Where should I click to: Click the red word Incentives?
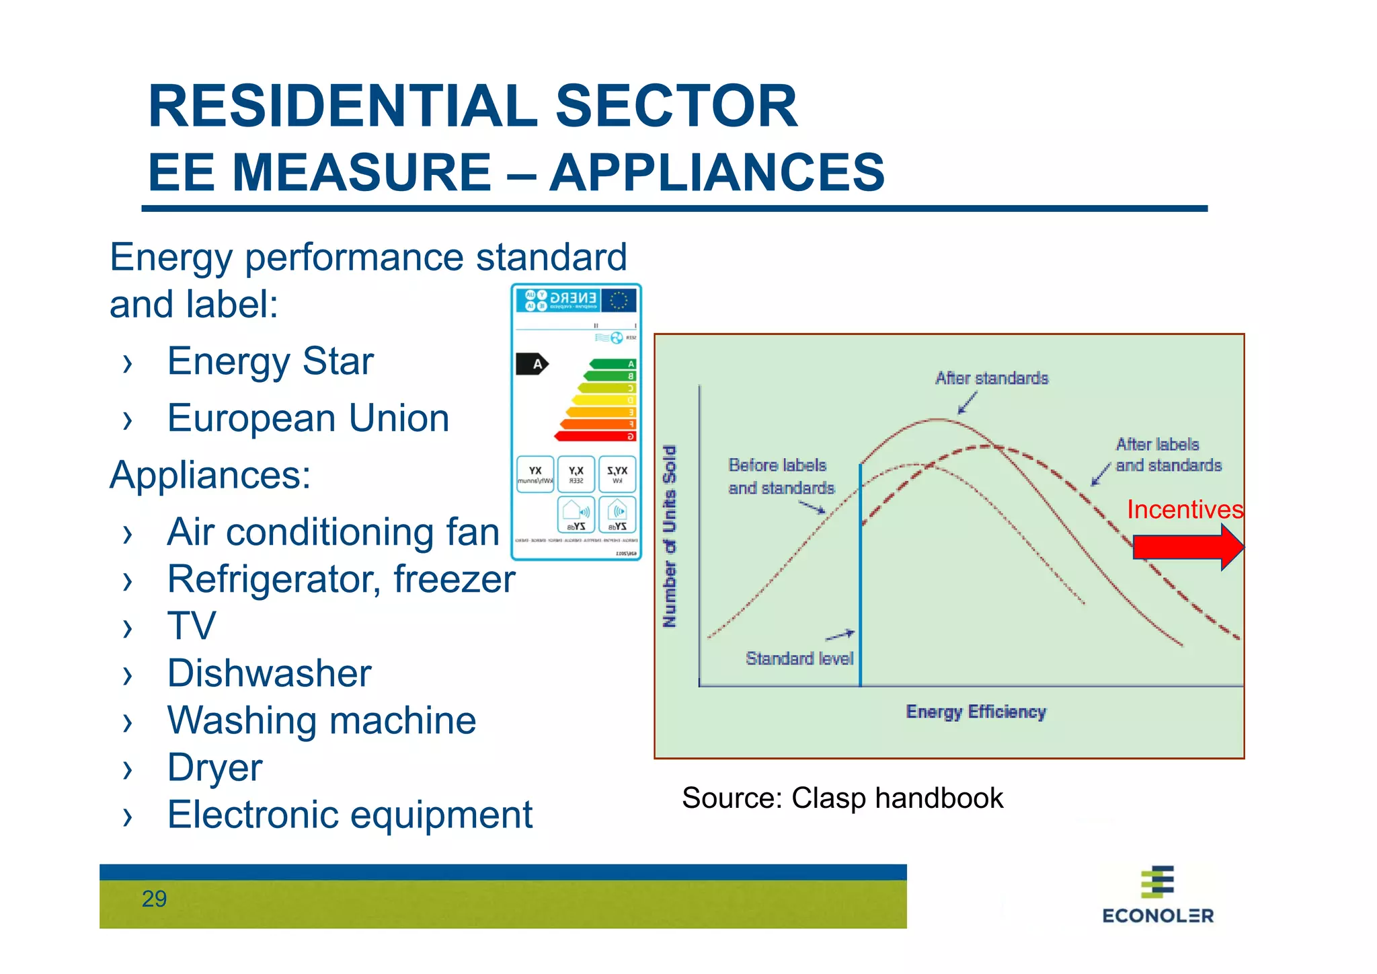(x=1184, y=509)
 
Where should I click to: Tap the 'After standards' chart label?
(x=991, y=378)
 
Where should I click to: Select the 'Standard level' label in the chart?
(x=799, y=658)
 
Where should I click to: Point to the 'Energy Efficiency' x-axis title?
(x=976, y=712)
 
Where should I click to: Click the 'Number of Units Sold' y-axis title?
(x=670, y=536)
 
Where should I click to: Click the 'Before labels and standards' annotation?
(x=781, y=476)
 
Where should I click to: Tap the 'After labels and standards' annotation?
(x=1168, y=455)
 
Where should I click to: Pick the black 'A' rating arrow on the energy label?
(x=532, y=364)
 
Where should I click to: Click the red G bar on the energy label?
(x=595, y=437)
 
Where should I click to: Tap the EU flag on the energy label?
(x=619, y=300)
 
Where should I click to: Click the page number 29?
(x=154, y=899)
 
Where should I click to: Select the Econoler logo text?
(x=1157, y=915)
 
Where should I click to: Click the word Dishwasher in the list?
(x=269, y=673)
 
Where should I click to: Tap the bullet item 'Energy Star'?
(x=270, y=361)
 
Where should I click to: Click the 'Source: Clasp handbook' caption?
(x=842, y=798)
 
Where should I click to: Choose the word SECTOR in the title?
(x=676, y=106)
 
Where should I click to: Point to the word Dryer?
(x=214, y=767)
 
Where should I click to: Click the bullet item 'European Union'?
(x=308, y=418)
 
